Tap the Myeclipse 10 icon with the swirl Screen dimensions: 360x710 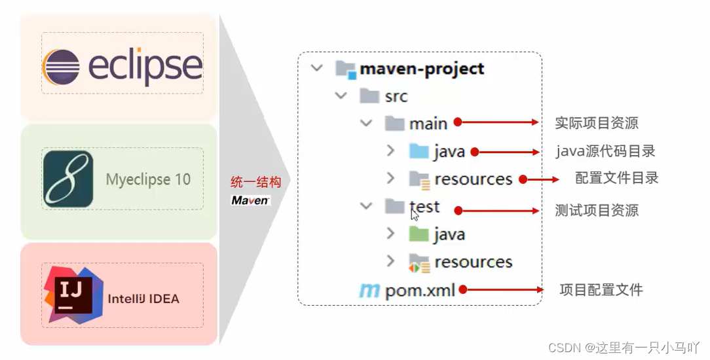(68, 179)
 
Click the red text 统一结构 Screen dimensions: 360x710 (255, 183)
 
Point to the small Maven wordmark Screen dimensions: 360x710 (250, 200)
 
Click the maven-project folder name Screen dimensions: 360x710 (422, 69)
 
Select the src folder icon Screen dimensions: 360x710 (370, 96)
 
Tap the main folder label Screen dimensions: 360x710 (428, 124)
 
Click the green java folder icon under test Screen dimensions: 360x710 (418, 234)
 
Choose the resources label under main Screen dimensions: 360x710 (473, 179)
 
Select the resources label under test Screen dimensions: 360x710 (473, 262)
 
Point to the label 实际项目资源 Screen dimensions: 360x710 (596, 123)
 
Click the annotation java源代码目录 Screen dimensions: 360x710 (605, 151)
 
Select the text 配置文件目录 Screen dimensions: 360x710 (616, 178)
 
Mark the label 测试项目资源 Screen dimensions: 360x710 (596, 210)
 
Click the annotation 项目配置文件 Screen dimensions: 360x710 (601, 289)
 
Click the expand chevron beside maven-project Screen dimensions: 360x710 (317, 68)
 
